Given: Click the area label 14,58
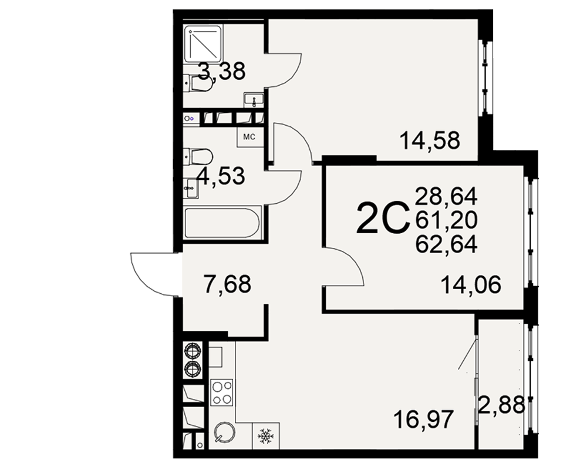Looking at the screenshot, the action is (430, 141).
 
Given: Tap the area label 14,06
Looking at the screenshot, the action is (471, 285).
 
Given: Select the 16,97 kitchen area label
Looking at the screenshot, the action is (424, 419).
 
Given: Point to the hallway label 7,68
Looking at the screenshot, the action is (227, 284).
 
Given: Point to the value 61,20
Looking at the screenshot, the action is (446, 220).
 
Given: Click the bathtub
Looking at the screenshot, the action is (222, 223).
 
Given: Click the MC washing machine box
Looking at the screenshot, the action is (249, 137).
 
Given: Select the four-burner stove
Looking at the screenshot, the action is (222, 393).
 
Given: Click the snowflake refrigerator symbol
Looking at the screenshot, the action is (266, 437).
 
